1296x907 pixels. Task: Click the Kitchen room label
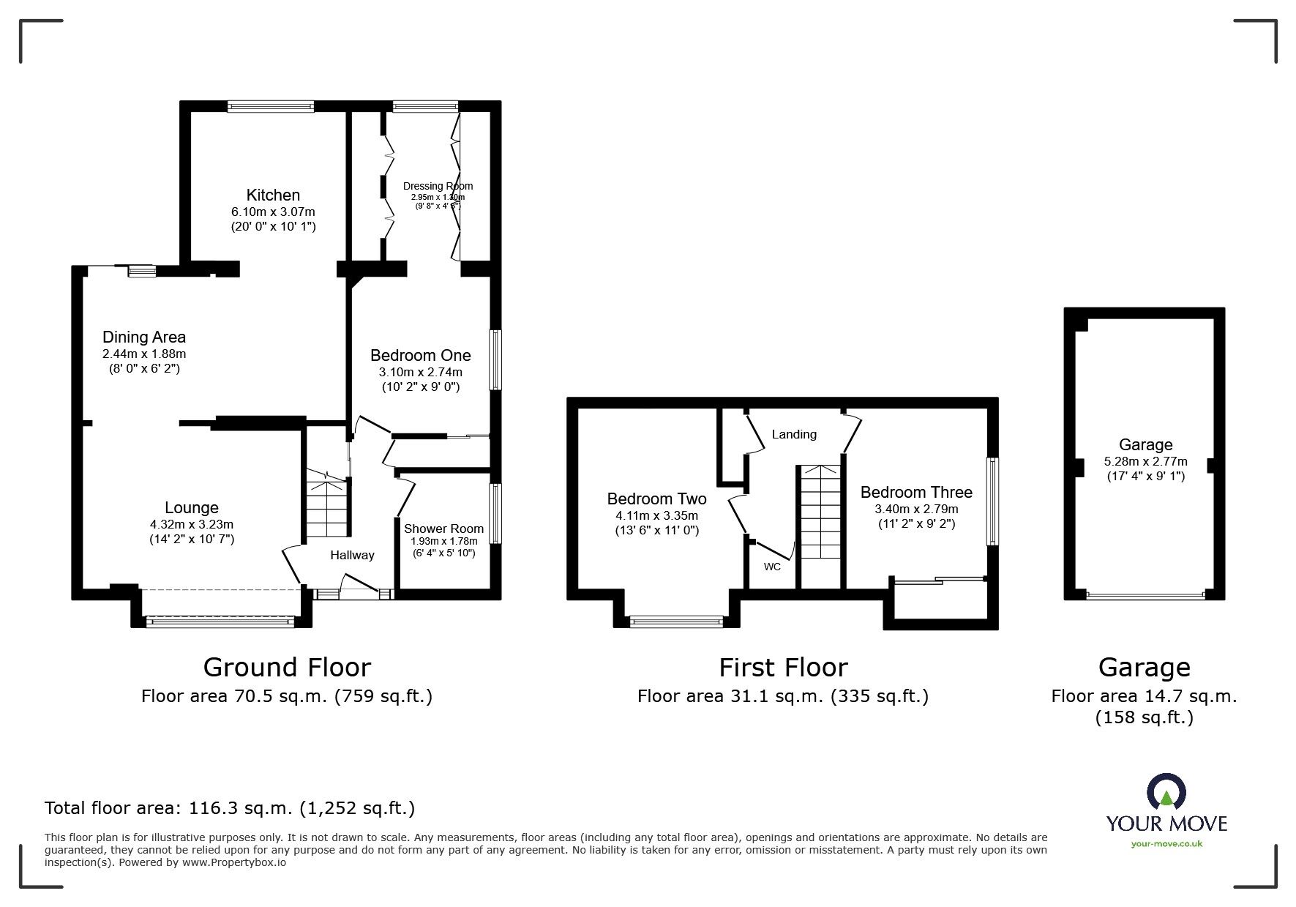tap(273, 195)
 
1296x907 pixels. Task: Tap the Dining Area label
tap(144, 337)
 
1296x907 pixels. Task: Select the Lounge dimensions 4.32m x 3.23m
tap(192, 524)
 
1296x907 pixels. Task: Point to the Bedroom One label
tap(420, 356)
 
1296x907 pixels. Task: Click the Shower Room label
tap(443, 529)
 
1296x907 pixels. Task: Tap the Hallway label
tap(352, 555)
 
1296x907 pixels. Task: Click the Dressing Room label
tap(438, 186)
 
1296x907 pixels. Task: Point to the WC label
tap(772, 567)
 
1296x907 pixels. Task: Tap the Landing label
tap(794, 434)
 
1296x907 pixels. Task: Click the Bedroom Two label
tap(656, 499)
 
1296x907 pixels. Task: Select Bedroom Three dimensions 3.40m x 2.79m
tap(916, 509)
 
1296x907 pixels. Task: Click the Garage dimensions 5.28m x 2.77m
tap(1145, 461)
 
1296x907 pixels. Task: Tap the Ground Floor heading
tap(287, 667)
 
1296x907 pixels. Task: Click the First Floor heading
tap(783, 667)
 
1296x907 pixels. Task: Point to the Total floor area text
tap(230, 808)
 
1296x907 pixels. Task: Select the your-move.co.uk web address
tap(1166, 843)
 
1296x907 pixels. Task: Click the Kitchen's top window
tap(271, 107)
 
